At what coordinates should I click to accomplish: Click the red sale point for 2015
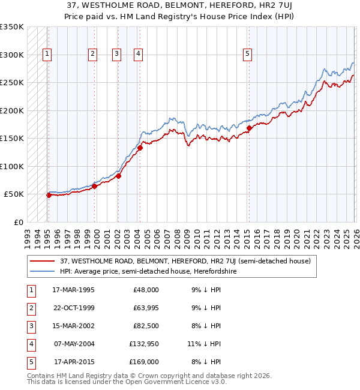249,128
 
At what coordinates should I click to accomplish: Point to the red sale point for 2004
140,148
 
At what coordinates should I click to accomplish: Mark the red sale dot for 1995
49,195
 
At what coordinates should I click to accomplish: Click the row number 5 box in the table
30,362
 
